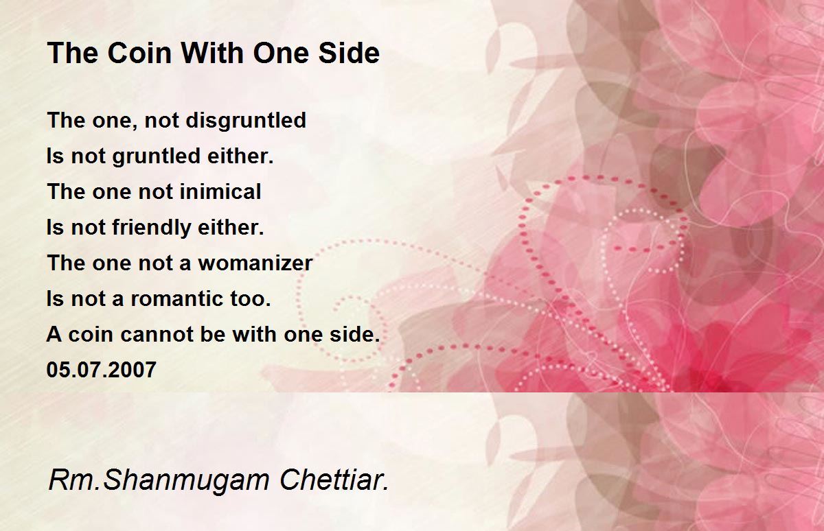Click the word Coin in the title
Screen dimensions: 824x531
[139, 53]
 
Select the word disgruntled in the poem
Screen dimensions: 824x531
[246, 121]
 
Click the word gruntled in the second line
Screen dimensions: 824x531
[156, 156]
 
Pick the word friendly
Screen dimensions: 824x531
[152, 228]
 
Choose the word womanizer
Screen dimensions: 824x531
[255, 263]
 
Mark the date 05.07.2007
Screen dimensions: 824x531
[102, 370]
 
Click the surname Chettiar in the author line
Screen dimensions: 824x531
[334, 480]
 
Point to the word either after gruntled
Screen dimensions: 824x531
[240, 156]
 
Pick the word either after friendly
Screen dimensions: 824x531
[231, 227]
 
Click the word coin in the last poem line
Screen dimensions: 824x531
[91, 334]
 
